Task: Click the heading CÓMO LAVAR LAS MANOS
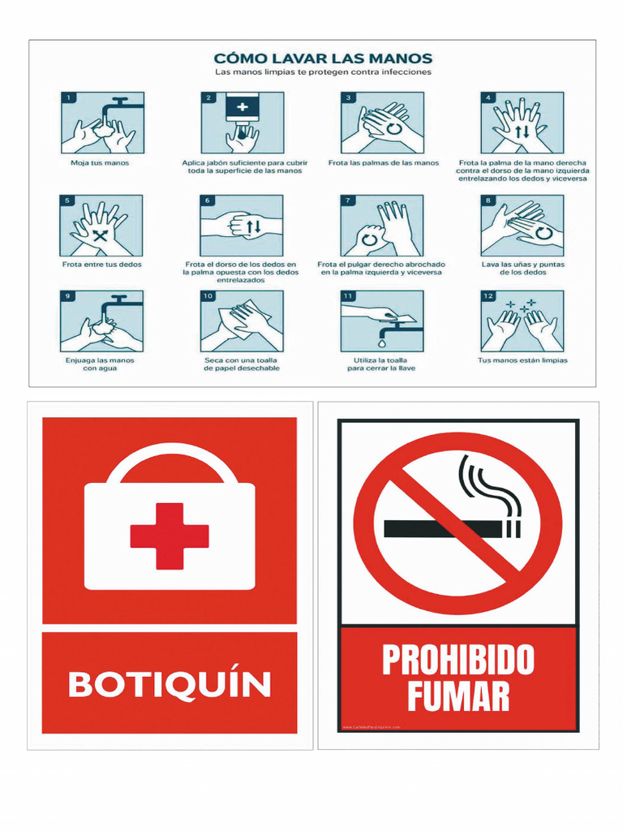click(323, 58)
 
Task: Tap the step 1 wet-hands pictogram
click(102, 123)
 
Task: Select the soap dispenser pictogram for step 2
click(243, 123)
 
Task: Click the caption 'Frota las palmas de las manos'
click(383, 163)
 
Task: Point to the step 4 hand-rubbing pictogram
click(522, 123)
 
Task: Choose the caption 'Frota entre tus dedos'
click(102, 265)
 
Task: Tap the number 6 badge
click(208, 200)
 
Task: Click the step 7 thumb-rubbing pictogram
click(381, 226)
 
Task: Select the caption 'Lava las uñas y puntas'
click(522, 265)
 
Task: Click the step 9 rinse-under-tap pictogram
click(102, 321)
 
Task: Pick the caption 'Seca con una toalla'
click(242, 360)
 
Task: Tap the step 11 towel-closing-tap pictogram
click(381, 321)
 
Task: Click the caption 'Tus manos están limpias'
click(522, 360)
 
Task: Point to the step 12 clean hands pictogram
click(522, 321)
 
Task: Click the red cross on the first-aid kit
click(170, 536)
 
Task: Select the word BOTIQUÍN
click(170, 684)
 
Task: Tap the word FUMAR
click(458, 696)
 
